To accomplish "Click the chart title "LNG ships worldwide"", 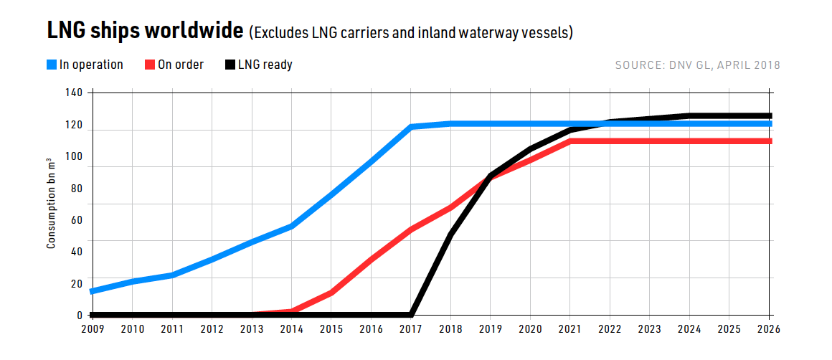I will click(x=145, y=32).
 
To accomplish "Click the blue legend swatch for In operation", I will click(x=52, y=65).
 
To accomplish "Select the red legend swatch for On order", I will click(x=150, y=65).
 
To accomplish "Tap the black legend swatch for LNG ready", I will click(x=230, y=65).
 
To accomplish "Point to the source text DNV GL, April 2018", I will click(x=697, y=65).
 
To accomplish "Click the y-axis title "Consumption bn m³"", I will click(x=51, y=204).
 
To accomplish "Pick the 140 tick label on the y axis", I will click(x=75, y=93).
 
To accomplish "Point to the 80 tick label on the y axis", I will click(x=77, y=189).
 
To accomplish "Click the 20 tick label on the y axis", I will click(x=77, y=284).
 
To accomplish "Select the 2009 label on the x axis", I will click(x=93, y=329).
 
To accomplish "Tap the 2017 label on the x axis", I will click(x=410, y=329).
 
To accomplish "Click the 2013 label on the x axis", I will click(x=252, y=329).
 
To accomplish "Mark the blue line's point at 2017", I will click(x=411, y=127).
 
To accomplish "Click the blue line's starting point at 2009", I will click(x=93, y=291).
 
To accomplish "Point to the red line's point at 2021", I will click(x=570, y=141).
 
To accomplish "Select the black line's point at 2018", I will click(x=450, y=234).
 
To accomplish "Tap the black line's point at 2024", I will click(x=689, y=115).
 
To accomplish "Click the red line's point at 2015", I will click(x=331, y=292).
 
